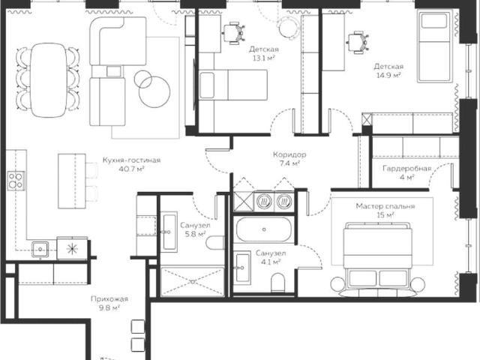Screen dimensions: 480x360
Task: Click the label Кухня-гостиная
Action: (x=131, y=160)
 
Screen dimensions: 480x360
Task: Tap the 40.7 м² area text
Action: (x=131, y=169)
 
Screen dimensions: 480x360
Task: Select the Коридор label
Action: (x=289, y=154)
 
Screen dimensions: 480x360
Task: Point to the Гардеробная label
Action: (x=406, y=168)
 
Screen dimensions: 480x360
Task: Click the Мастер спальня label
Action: (x=385, y=206)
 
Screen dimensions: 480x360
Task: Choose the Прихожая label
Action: (x=109, y=299)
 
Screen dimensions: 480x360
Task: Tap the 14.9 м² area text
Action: (x=388, y=75)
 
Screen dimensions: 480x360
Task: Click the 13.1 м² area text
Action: (x=263, y=58)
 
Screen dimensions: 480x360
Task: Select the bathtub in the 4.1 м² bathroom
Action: (x=263, y=229)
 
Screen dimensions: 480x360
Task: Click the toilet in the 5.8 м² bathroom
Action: (x=215, y=243)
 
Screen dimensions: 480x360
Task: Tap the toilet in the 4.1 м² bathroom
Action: (x=278, y=282)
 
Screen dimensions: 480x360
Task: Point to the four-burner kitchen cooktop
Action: (x=16, y=181)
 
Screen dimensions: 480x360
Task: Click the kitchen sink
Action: (x=40, y=249)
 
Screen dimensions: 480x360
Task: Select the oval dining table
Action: (x=48, y=80)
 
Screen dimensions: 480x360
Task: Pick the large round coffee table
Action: (x=154, y=91)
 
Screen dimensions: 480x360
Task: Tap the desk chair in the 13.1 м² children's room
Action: (x=235, y=33)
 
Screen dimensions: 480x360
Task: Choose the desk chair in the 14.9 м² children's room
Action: (x=358, y=42)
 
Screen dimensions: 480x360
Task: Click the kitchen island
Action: (x=72, y=181)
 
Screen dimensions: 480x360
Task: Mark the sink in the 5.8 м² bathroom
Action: (x=169, y=232)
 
